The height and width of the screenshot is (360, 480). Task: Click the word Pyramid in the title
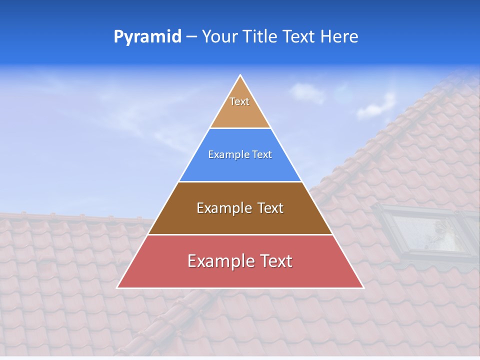pyautogui.click(x=147, y=37)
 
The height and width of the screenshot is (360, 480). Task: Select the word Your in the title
pyautogui.click(x=219, y=37)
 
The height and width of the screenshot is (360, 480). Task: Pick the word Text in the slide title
pyautogui.click(x=299, y=37)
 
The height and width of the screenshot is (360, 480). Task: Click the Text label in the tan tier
pyautogui.click(x=239, y=101)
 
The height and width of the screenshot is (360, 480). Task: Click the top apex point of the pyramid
pyautogui.click(x=240, y=75)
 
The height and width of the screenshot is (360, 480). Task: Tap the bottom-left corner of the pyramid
pyautogui.click(x=117, y=287)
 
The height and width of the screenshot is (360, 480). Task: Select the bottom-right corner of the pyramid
pyautogui.click(x=363, y=287)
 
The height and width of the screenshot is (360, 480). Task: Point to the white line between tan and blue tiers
pyautogui.click(x=240, y=128)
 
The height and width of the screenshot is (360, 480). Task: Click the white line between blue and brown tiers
pyautogui.click(x=240, y=181)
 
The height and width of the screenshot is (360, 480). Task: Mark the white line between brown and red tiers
pyautogui.click(x=240, y=234)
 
